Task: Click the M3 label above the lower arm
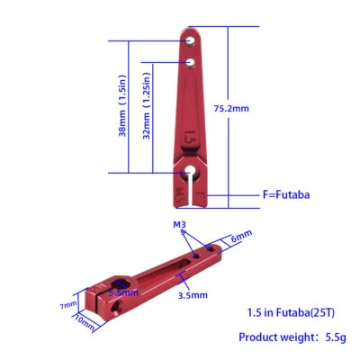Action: pyautogui.click(x=180, y=223)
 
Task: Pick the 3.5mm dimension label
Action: pyautogui.click(x=193, y=294)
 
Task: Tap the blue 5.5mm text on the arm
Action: pyautogui.click(x=122, y=292)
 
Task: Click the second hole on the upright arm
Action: pyautogui.click(x=192, y=62)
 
